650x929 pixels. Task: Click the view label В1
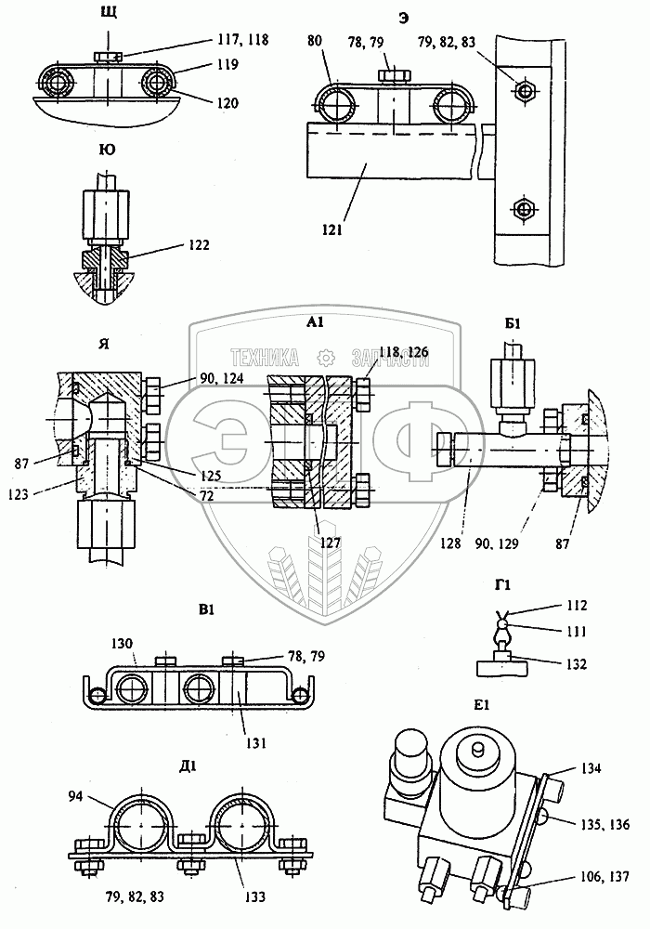pos(206,610)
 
